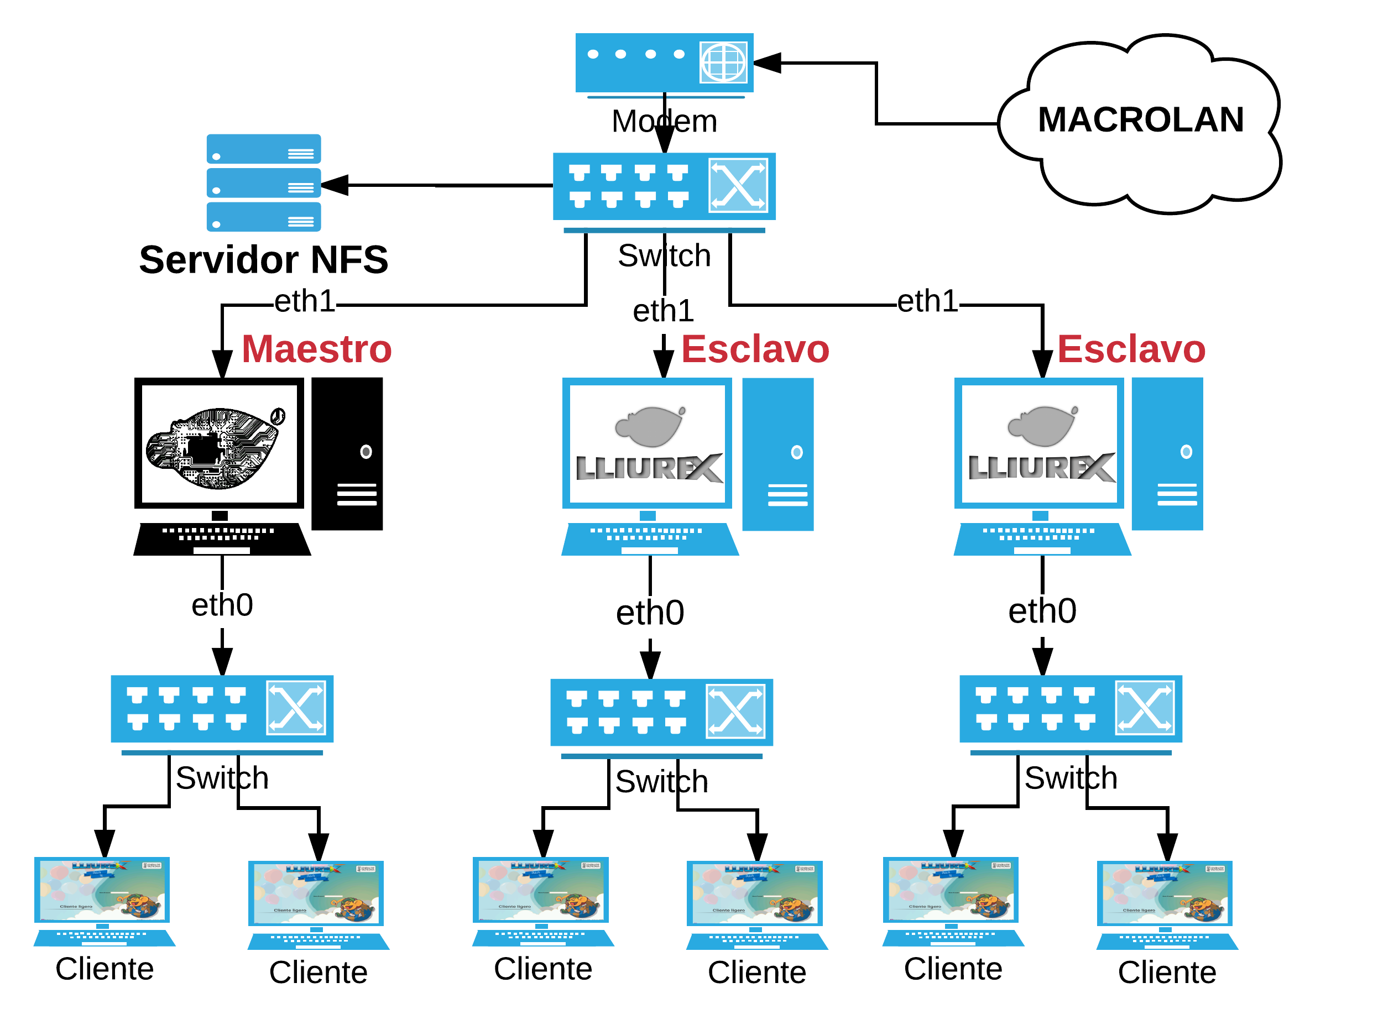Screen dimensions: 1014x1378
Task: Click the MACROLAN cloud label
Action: [1140, 119]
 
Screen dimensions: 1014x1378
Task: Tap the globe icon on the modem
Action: [723, 62]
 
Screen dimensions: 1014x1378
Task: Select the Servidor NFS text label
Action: [263, 260]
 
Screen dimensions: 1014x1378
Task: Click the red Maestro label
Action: [316, 349]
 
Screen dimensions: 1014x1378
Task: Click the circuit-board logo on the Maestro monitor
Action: [215, 447]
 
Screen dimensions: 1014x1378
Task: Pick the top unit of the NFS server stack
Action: [263, 149]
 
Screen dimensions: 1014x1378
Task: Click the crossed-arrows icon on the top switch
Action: [738, 185]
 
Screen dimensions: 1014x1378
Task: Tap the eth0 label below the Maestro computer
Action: [222, 605]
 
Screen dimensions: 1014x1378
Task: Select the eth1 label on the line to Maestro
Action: [305, 301]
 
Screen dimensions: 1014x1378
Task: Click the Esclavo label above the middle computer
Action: [755, 349]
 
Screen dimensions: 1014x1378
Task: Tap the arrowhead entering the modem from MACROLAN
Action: [768, 62]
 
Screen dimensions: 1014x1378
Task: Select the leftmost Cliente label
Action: [105, 969]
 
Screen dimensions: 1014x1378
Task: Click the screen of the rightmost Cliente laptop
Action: [1164, 892]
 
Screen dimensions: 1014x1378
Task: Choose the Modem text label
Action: [664, 121]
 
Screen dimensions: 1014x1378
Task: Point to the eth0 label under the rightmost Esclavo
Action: [1042, 611]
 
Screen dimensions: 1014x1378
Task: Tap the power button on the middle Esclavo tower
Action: [796, 452]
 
